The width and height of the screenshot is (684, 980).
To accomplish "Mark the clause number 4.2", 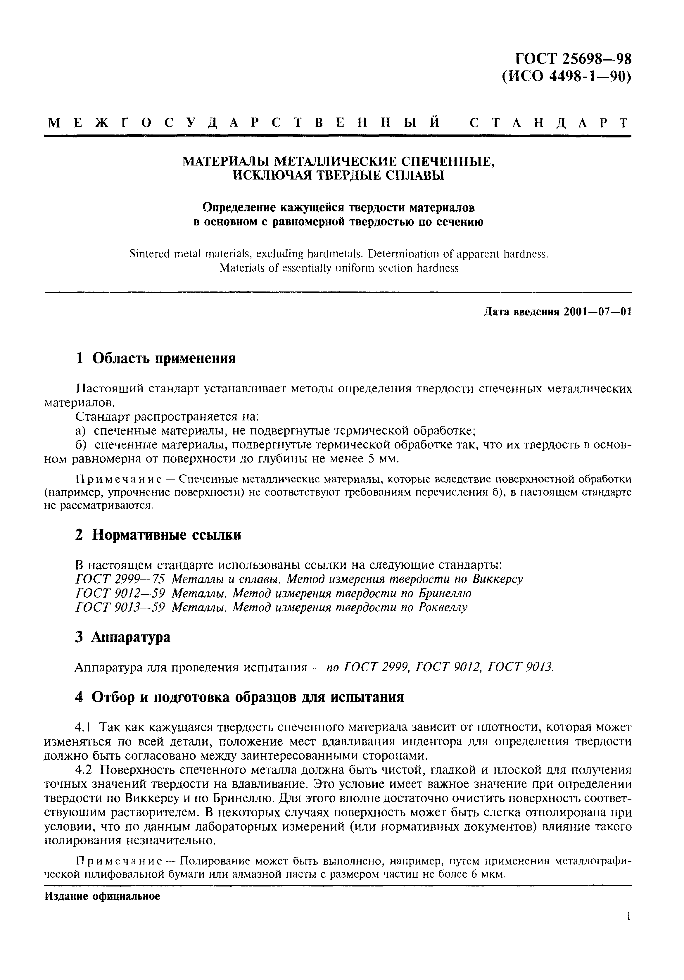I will point(84,770).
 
